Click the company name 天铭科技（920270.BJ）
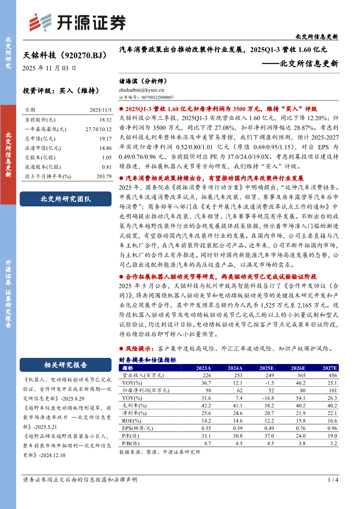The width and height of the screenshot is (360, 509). point(64,55)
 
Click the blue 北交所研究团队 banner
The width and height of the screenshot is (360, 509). point(66,199)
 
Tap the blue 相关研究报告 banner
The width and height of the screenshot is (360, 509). point(66,365)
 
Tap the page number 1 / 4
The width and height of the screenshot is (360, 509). point(333,480)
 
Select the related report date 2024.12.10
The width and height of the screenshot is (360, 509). point(52,455)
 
